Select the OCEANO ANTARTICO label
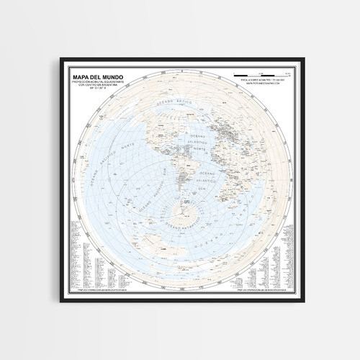click(x=186, y=225)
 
